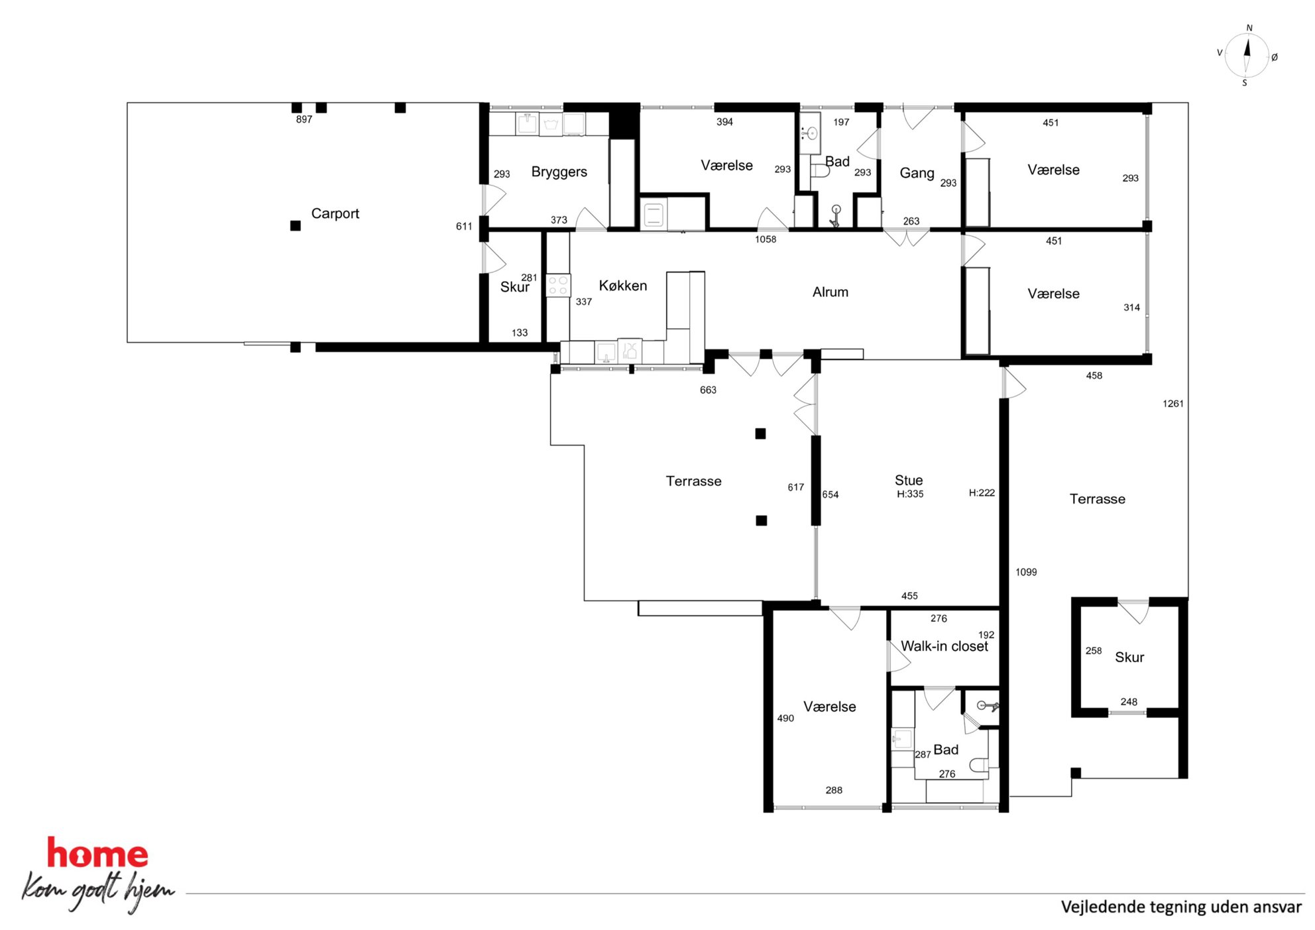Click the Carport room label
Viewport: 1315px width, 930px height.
335,213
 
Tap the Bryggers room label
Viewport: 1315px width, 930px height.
559,172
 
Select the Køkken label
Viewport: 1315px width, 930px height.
622,286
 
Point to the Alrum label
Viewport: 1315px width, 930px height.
830,292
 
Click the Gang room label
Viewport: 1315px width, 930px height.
917,173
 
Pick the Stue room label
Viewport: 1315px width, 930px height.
908,480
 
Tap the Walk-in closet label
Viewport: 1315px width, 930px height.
944,646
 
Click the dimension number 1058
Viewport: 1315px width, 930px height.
766,239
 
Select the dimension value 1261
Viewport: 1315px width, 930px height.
1172,403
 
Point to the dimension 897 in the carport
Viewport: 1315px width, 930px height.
304,119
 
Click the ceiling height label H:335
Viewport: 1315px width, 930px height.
910,494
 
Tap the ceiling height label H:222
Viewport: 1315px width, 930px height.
982,493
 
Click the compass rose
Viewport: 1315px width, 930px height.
1246,56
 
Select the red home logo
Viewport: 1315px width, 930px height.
97,853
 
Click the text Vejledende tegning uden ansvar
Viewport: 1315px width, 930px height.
1181,907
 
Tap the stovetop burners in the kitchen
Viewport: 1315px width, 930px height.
558,286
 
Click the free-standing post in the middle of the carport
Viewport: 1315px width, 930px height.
296,225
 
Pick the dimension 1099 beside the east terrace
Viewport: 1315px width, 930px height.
1026,572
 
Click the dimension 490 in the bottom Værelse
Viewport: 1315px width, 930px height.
785,718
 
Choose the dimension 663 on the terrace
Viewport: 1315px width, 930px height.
708,390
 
